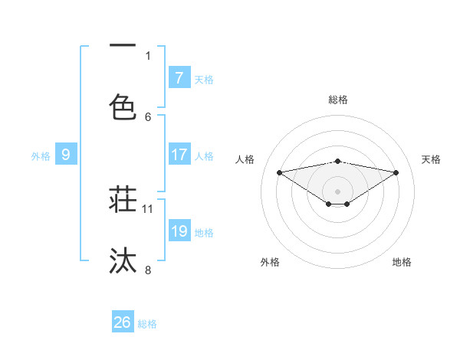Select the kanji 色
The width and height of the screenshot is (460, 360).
(123, 106)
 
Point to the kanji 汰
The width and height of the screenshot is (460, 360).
(123, 260)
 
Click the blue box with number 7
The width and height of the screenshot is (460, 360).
(179, 77)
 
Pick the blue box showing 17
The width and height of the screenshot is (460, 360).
(179, 155)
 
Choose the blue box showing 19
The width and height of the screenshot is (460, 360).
(179, 231)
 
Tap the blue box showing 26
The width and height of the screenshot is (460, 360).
(123, 322)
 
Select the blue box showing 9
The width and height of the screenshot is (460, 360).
(66, 155)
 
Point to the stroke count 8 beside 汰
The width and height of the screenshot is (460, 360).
(148, 269)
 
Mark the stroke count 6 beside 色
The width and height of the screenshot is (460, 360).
(148, 116)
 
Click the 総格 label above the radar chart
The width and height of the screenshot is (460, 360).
(338, 100)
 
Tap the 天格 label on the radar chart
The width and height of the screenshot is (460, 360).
(431, 159)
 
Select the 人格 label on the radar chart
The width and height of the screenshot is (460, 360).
(245, 159)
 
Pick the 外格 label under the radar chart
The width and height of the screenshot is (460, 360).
(270, 262)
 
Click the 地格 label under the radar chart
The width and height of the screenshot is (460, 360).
(402, 262)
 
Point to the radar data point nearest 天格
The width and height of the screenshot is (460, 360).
(396, 172)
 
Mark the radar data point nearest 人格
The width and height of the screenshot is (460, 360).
(280, 172)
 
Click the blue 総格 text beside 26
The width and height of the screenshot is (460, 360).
(147, 323)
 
